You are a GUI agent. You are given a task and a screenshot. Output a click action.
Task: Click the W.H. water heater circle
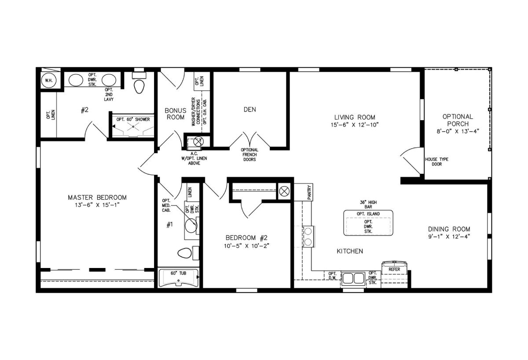pyautogui.click(x=49, y=81)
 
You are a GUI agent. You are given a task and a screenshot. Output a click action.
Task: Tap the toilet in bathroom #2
pyautogui.click(x=139, y=87)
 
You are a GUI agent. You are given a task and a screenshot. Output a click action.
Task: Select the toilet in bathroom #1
pyautogui.click(x=184, y=253)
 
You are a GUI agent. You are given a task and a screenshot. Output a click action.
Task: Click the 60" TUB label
pyautogui.click(x=179, y=273)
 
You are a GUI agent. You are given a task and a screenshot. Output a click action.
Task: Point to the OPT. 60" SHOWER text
pyautogui.click(x=133, y=120)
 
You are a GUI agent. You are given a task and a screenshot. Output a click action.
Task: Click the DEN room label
pyautogui.click(x=250, y=110)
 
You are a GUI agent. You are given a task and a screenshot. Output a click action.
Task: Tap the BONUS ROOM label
pyautogui.click(x=176, y=114)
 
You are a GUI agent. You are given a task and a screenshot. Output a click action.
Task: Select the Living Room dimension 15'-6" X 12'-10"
pyautogui.click(x=355, y=125)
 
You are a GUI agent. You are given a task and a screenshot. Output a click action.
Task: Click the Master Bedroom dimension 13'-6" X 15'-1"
pyautogui.click(x=97, y=205)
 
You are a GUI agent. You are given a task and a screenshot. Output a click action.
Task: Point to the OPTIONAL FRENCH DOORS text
pyautogui.click(x=249, y=154)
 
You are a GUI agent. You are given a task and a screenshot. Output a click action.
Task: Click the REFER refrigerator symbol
pyautogui.click(x=394, y=269)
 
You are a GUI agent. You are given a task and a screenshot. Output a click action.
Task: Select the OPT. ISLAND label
pyautogui.click(x=368, y=214)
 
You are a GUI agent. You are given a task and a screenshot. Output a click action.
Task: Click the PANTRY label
pyautogui.click(x=309, y=192)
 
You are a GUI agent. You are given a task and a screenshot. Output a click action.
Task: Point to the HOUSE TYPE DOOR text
pyautogui.click(x=437, y=162)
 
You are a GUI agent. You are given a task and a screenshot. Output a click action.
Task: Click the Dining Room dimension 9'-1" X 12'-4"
pyautogui.click(x=449, y=236)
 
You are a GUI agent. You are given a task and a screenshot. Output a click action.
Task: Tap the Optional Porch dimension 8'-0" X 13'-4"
pyautogui.click(x=458, y=131)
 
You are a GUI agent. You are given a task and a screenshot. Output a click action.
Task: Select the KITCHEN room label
pyautogui.click(x=350, y=251)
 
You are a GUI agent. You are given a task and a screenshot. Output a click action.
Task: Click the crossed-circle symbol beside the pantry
pyautogui.click(x=284, y=191)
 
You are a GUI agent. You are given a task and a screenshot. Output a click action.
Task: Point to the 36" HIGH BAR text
pyautogui.click(x=368, y=204)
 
